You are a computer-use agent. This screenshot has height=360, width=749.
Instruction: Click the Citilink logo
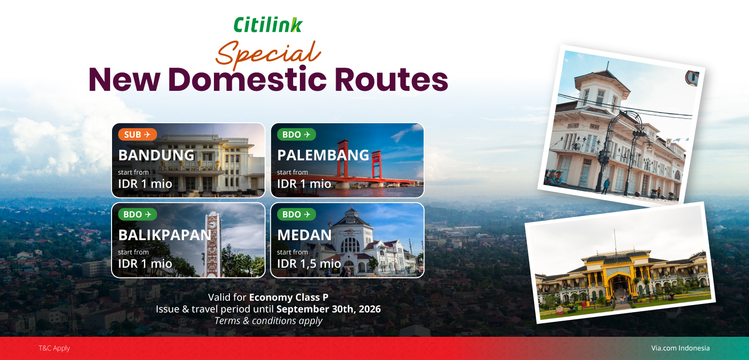268,25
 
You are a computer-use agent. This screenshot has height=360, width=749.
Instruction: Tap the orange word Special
268,54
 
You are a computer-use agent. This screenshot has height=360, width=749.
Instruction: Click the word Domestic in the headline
247,80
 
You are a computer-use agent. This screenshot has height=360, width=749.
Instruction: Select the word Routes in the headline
391,80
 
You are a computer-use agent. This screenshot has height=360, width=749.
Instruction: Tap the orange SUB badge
138,134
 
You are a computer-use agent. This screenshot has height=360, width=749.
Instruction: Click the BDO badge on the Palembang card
297,134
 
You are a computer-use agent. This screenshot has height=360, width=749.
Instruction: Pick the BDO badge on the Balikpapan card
138,214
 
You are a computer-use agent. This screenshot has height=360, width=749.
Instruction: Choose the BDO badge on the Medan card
297,214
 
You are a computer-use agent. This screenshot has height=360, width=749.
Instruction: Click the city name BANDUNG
156,155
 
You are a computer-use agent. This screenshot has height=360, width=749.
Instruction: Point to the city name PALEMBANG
323,155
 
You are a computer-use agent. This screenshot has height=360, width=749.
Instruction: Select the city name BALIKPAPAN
165,235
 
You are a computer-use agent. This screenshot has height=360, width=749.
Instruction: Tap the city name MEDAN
304,235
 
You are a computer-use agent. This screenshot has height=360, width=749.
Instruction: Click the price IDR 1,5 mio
309,264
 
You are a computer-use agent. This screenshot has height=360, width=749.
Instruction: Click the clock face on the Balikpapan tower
212,224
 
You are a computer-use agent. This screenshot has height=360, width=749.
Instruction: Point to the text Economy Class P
289,297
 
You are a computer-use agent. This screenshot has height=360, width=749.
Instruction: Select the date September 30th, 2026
329,309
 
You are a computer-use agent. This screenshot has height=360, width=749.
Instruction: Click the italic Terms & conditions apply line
269,320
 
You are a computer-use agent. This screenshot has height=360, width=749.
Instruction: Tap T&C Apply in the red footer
54,348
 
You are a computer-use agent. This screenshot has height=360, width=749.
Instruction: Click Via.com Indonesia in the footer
680,348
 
